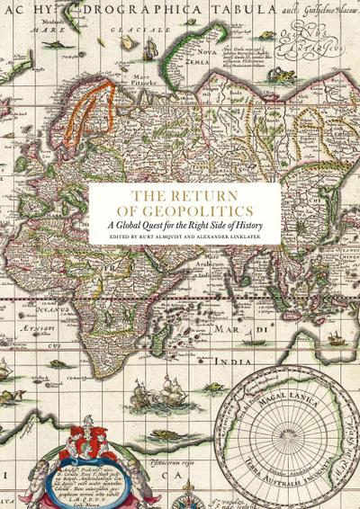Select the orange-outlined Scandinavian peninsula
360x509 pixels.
[x=90, y=117]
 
